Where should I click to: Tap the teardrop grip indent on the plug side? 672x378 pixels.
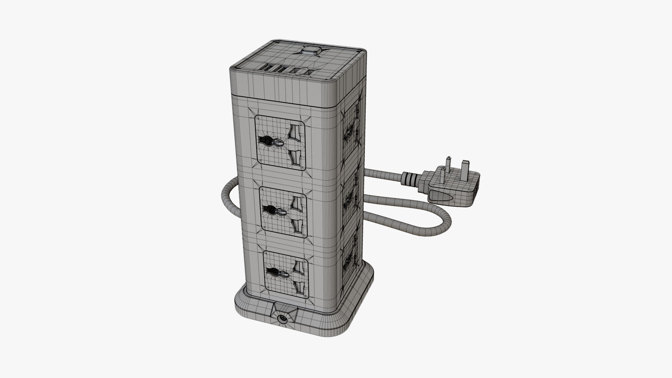[x=443, y=197]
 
